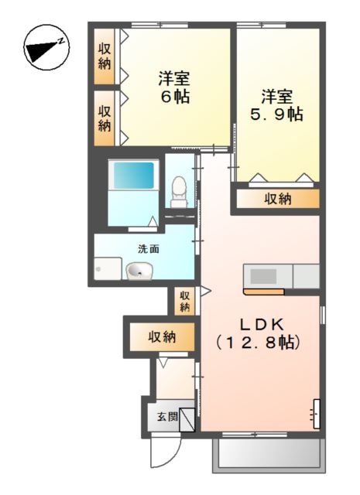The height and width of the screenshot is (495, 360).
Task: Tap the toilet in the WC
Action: click(179, 189)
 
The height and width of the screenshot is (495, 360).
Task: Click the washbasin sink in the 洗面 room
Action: click(140, 270)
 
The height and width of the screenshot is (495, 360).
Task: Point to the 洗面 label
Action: click(149, 249)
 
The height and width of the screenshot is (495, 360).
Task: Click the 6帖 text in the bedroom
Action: click(176, 97)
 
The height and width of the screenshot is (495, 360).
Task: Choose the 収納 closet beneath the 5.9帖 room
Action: click(277, 199)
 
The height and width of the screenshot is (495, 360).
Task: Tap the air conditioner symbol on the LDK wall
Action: click(316, 414)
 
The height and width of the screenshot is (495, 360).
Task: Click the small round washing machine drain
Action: click(98, 269)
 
